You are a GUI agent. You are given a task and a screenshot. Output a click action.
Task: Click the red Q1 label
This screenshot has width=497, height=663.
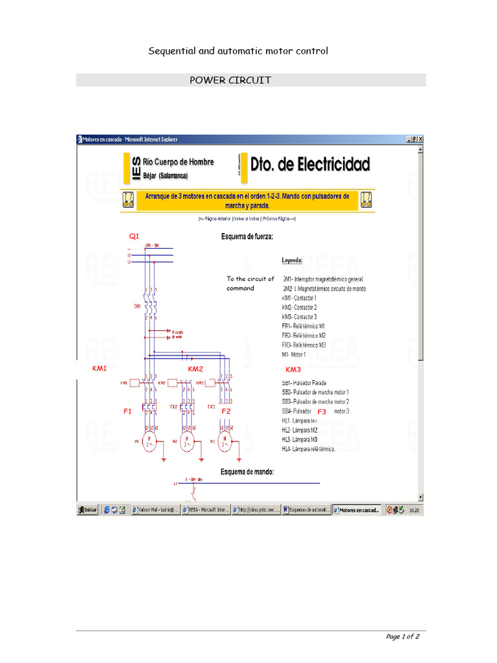[134, 236]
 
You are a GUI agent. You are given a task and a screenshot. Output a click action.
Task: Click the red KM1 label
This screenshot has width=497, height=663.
[99, 368]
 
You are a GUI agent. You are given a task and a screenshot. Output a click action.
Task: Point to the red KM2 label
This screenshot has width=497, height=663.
[195, 368]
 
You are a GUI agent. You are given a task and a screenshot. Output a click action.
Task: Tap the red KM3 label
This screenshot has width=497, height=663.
[293, 369]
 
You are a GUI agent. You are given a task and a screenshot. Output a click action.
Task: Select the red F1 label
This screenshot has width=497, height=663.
[127, 411]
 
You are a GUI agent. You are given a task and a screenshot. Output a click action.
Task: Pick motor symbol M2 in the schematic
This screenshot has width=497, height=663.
[187, 444]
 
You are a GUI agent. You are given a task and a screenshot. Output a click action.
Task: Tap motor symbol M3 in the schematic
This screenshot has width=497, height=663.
[224, 444]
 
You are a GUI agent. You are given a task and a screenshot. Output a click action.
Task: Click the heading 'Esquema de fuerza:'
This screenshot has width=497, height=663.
[247, 237]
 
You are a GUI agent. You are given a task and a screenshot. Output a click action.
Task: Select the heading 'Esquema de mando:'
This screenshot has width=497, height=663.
[247, 472]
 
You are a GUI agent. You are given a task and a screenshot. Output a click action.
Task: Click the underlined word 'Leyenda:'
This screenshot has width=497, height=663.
[292, 261]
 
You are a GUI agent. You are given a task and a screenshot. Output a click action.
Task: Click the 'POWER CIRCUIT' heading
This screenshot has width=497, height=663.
[230, 80]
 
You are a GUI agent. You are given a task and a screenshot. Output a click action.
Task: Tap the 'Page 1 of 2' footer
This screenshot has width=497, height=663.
[403, 636]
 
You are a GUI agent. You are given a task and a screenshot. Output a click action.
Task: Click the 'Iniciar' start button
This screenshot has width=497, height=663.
[88, 510]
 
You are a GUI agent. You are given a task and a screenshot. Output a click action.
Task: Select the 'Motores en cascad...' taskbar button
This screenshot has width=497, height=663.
[358, 510]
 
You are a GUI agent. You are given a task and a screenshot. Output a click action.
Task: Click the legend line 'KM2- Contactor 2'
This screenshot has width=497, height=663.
[299, 308]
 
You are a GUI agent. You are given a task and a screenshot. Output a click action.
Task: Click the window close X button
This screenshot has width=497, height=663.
[420, 139]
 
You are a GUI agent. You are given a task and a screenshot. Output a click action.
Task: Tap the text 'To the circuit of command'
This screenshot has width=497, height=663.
[250, 284]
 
